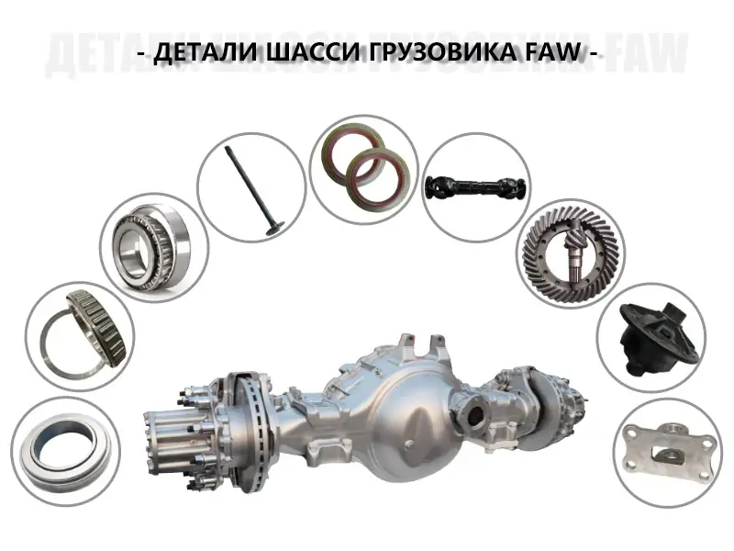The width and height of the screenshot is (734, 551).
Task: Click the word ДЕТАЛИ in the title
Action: tap(204, 52)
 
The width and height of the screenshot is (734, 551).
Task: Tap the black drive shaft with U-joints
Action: tap(476, 186)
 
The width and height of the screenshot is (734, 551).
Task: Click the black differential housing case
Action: tap(653, 338)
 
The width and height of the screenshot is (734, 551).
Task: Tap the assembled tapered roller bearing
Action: tap(152, 246)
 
